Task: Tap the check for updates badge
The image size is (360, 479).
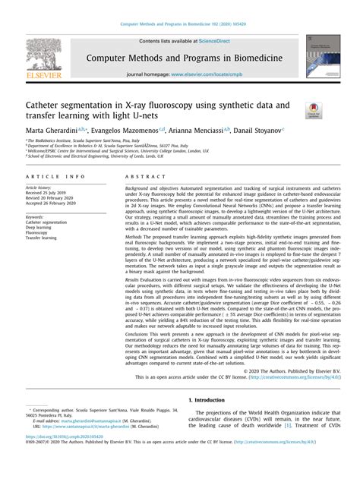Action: (312, 110)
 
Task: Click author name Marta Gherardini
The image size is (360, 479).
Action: (52, 131)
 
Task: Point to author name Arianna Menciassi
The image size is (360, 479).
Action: (210, 131)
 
